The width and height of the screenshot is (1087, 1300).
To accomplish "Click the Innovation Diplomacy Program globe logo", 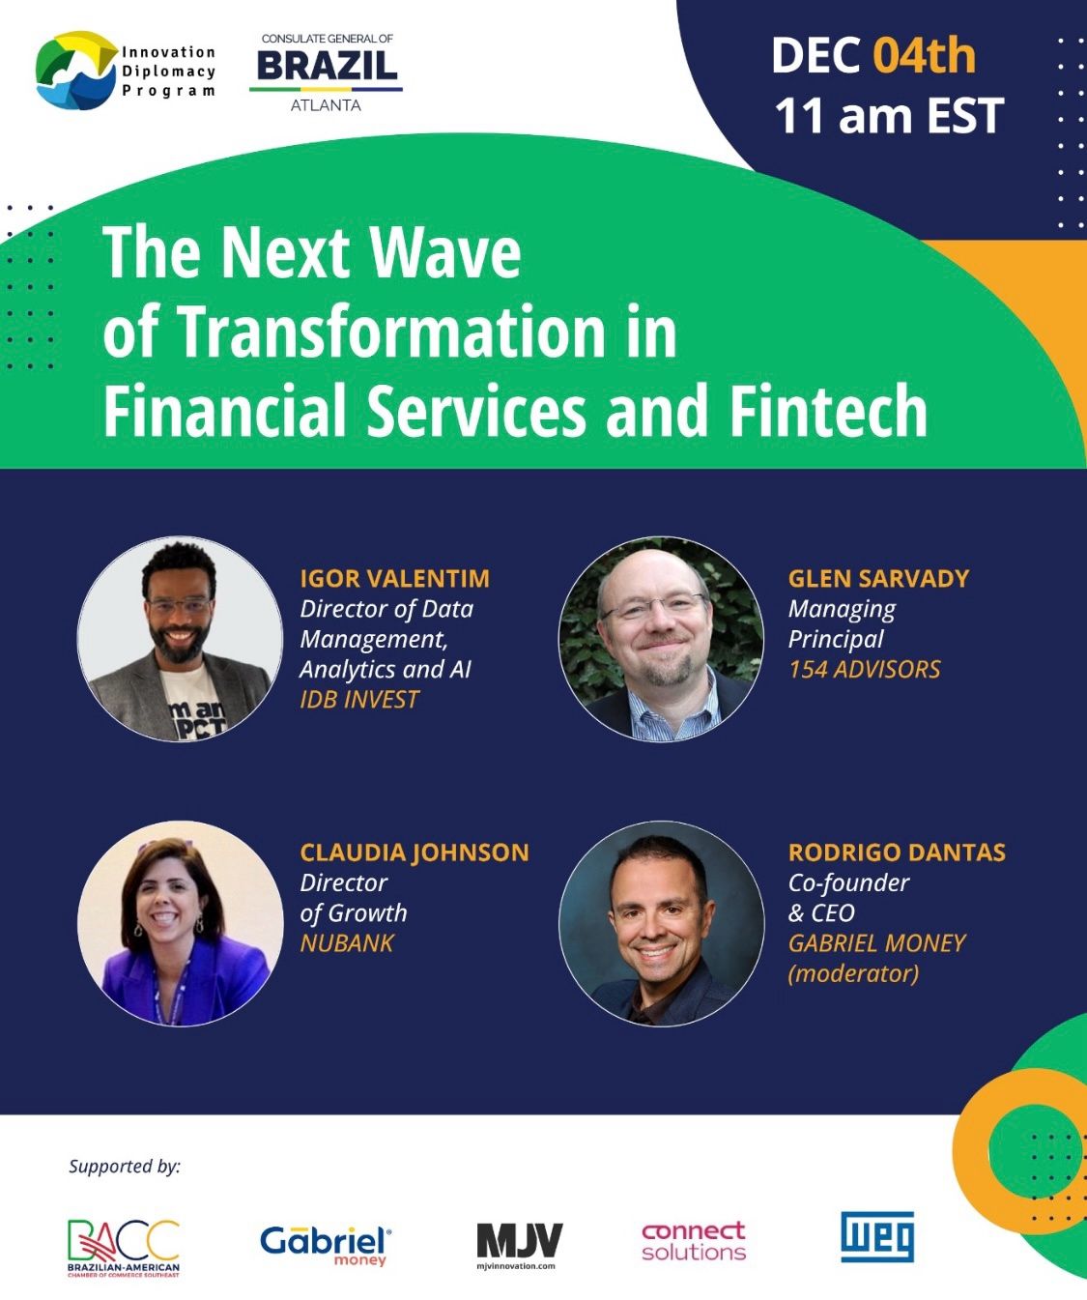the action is pos(76,70).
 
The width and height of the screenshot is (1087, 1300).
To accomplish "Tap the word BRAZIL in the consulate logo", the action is pos(327,66).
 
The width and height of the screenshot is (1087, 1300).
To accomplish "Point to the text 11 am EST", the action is pos(889,116).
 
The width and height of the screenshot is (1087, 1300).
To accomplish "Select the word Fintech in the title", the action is pos(829,411).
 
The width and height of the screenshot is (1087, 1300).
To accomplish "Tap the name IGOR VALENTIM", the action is pos(395,578).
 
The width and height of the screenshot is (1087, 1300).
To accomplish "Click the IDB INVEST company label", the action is pos(359,700).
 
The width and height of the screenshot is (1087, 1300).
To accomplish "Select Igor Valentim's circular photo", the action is pos(180,639).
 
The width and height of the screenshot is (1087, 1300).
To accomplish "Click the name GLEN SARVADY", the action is pos(878,578).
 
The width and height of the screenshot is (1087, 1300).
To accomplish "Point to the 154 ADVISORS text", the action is pos(864,669).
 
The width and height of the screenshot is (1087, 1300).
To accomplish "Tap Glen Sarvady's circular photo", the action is pos(661,639).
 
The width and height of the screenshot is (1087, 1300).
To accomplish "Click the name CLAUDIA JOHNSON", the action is pos(415,852).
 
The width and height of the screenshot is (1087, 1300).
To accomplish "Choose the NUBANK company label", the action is pos(347,943).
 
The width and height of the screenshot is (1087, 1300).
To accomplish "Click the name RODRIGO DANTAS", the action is pos(897,852).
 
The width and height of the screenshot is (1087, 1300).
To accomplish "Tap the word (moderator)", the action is pos(853,973).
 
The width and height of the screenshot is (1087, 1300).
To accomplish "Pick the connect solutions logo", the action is pos(694,1241).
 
